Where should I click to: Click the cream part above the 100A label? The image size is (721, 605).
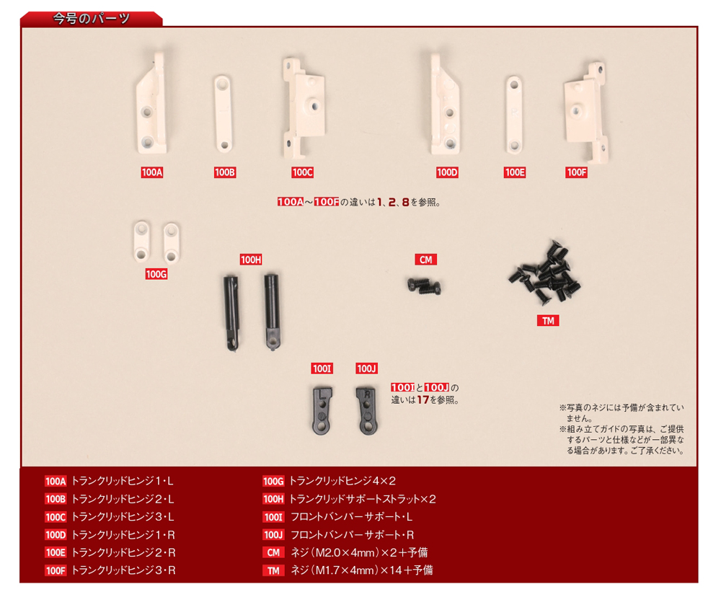[x=151, y=106]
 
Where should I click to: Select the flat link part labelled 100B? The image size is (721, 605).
[x=223, y=114]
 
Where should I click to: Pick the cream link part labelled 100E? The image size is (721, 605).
[x=513, y=115]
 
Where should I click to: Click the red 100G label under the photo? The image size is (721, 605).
[x=156, y=275]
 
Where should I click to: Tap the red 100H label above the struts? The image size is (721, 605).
[x=251, y=260]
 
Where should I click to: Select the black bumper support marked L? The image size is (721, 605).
[x=322, y=410]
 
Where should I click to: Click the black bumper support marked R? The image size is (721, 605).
[x=367, y=410]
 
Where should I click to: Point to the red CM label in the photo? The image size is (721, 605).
[x=426, y=260]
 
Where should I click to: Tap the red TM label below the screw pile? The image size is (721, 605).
[x=548, y=320]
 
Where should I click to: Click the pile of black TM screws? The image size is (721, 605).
[x=546, y=273]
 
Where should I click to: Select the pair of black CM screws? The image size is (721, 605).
[x=424, y=286]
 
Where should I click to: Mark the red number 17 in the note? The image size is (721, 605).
[x=423, y=400]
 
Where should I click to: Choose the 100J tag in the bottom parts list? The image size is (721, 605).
[x=273, y=534]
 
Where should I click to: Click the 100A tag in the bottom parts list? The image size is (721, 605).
[x=56, y=482]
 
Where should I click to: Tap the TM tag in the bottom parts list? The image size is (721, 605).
[x=273, y=570]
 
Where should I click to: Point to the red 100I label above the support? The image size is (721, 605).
[x=322, y=368]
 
